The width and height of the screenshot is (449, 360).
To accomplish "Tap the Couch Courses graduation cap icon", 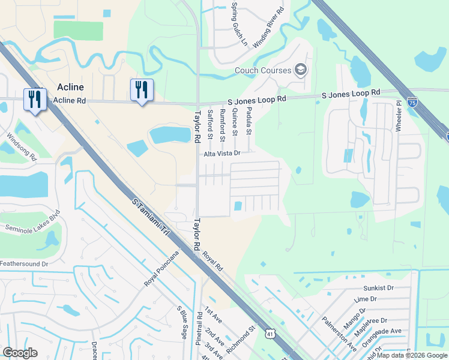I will pos(301,70).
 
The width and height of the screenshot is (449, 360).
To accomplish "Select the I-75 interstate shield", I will pos(412,102).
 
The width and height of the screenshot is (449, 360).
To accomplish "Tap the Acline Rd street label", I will pos(70,101).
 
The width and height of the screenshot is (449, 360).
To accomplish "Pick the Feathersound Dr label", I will pos(23,263).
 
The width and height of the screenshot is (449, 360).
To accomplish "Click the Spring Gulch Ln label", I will pos(235,25).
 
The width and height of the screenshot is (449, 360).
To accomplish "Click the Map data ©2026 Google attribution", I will pos(412,355).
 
